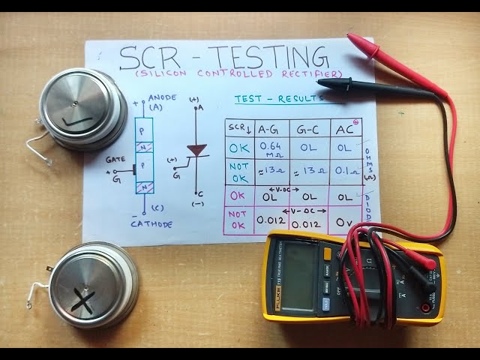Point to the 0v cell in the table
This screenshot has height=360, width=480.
coord(344,221)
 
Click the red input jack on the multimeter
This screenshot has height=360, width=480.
coord(424,307)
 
